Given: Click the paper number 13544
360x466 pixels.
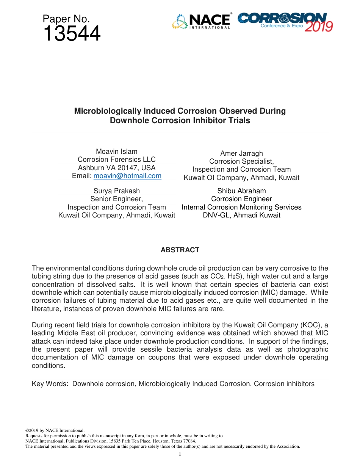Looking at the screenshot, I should coord(72,34).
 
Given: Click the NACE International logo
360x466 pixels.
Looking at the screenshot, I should coord(202,21).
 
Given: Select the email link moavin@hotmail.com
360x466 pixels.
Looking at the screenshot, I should coord(127,176).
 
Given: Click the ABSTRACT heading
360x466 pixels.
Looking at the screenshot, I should coord(180,250).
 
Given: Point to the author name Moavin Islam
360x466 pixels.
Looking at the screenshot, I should coord(116,152).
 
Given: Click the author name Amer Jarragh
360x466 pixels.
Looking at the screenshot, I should coord(241,153).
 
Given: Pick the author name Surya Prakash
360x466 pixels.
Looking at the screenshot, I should coord(116,191).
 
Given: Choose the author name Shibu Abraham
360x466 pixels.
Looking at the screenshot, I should coord(241,191).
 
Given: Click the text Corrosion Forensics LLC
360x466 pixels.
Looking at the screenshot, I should coord(116,160).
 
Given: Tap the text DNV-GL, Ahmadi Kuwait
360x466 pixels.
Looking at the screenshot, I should coord(241,215).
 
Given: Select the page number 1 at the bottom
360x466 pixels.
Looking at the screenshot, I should coord(180,454).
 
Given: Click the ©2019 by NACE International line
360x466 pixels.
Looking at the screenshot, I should coord(55,430).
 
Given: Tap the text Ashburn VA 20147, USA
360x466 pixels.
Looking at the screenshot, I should coord(116,168).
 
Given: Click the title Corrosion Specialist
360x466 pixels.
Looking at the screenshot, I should coord(241,161).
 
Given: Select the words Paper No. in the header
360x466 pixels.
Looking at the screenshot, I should coord(66,19).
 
